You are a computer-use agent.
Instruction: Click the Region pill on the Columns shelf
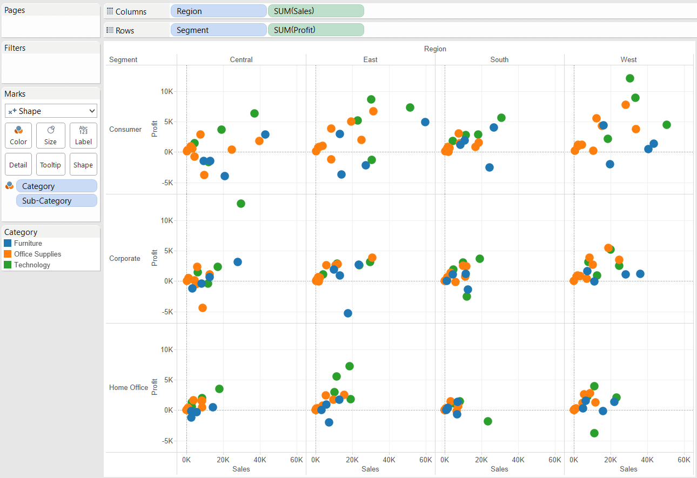218,11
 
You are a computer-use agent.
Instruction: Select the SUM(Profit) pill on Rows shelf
316,30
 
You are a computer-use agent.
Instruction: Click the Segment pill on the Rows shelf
218,30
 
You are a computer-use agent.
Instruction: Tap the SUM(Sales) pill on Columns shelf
316,11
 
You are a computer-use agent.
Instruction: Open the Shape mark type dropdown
51,111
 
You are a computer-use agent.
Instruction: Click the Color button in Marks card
18,135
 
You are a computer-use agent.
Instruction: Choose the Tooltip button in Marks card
50,165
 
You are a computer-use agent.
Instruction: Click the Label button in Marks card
83,135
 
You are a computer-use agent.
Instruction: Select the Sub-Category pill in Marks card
57,200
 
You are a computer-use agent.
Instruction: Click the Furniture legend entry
28,243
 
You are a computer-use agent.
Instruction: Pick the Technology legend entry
32,265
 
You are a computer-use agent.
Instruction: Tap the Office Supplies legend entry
37,254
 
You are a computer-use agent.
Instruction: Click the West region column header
628,59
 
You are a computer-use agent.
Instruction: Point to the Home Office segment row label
129,387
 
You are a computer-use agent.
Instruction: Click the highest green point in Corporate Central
241,204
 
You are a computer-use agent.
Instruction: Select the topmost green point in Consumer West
629,78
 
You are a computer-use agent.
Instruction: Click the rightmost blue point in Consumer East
425,122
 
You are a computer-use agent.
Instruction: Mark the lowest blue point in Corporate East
348,313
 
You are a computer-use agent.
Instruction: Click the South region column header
499,59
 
